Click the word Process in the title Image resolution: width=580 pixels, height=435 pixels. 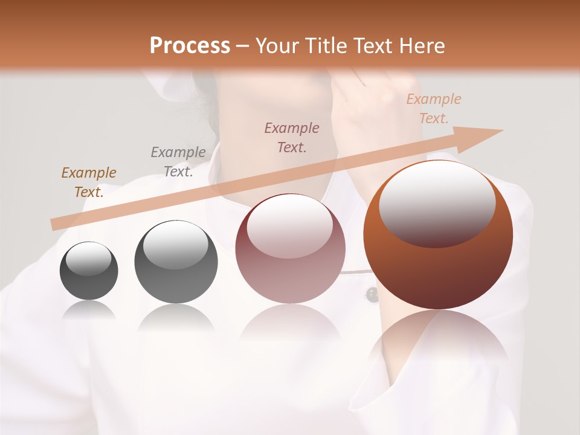(190, 46)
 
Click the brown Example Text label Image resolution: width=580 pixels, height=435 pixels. (89, 182)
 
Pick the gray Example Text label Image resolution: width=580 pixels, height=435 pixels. (178, 161)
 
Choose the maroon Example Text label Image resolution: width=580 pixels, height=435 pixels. (292, 137)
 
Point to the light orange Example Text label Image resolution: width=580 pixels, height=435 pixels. (433, 109)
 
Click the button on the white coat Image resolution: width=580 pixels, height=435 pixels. (372, 295)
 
